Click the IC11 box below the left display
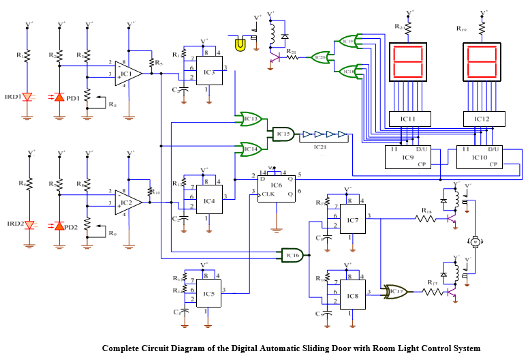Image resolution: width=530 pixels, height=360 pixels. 407,119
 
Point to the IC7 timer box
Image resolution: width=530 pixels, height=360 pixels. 353,220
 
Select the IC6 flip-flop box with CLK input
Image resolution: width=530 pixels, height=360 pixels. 277,185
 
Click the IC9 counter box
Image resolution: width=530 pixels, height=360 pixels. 407,156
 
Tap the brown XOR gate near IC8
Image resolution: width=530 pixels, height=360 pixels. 394,292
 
